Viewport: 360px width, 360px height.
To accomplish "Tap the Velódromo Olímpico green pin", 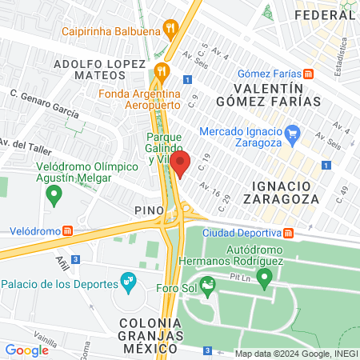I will tap(54, 193).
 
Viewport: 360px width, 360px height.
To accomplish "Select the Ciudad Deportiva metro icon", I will tap(287, 233).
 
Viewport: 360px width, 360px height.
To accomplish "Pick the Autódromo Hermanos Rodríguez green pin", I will tap(265, 276).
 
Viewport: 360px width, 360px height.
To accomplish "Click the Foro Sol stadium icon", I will tap(208, 284).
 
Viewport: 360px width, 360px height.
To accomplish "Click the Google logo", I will tap(26, 350).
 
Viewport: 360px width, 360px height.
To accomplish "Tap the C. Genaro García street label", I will tap(44, 104).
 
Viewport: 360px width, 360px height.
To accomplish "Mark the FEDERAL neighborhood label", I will tap(323, 14).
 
